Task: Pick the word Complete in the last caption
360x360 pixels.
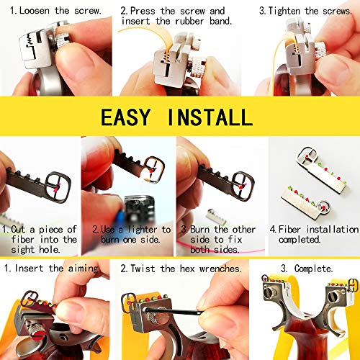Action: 311,269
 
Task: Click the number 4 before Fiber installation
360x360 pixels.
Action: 272,229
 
